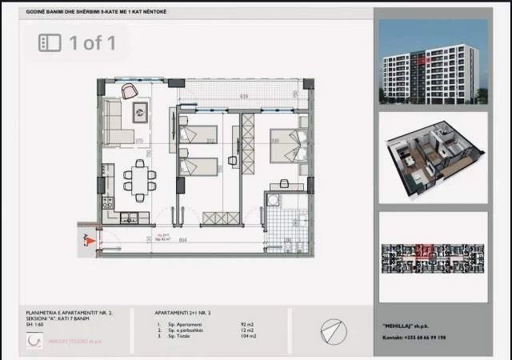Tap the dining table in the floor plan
[x=141, y=180]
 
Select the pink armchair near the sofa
[x=140, y=112]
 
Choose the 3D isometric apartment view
[x=433, y=156]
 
